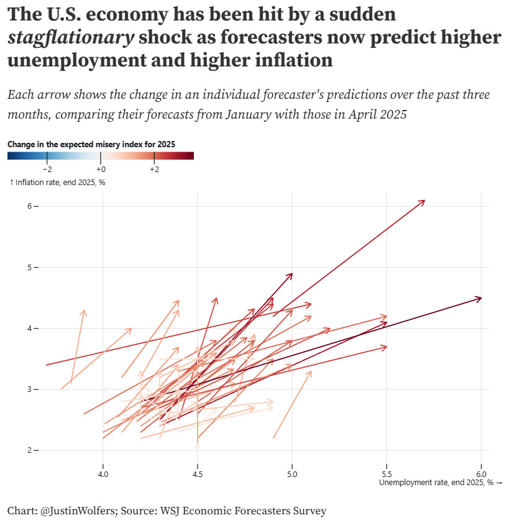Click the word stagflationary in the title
click(x=71, y=38)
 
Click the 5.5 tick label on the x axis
click(x=387, y=475)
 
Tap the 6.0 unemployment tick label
click(x=481, y=475)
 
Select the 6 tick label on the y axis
click(x=29, y=206)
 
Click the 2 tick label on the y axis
click(x=29, y=450)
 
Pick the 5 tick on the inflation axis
click(x=29, y=267)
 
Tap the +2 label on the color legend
click(x=154, y=170)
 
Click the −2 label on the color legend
click(x=47, y=170)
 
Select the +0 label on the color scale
click(x=101, y=170)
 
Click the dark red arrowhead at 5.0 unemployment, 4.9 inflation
click(x=291, y=274)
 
